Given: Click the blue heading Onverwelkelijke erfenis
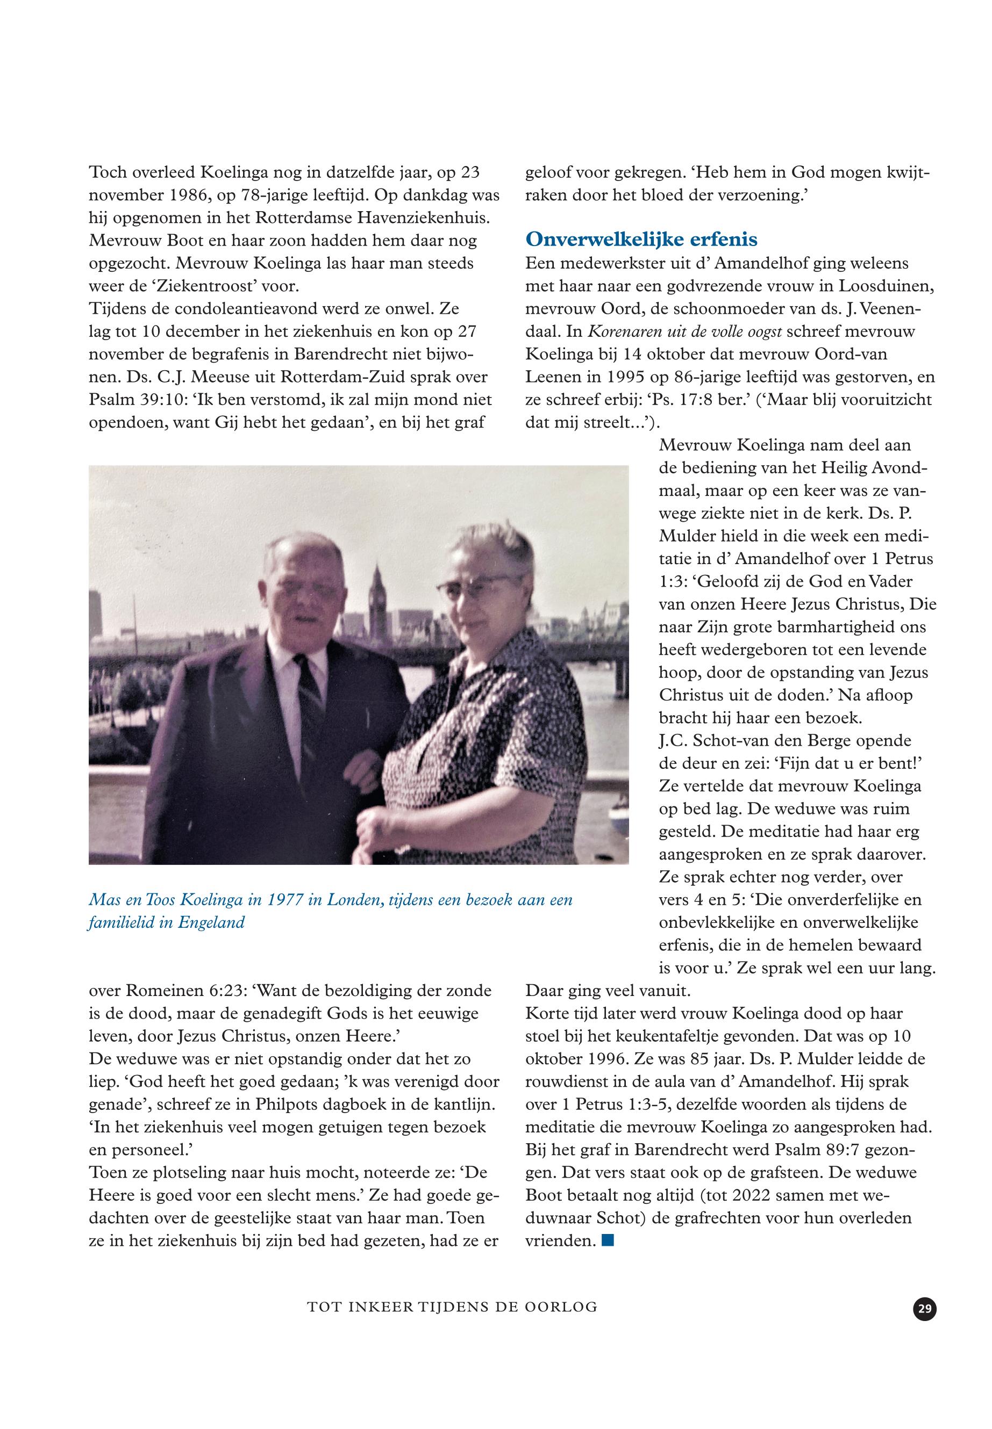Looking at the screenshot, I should [641, 239].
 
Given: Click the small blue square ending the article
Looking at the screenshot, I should [607, 1240].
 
